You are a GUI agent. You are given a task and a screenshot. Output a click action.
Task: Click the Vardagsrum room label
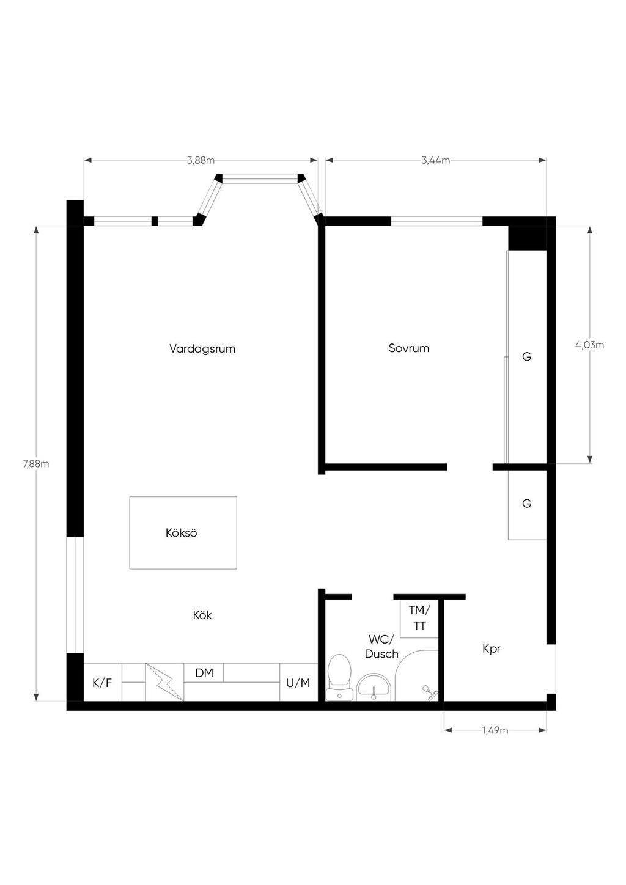[x=202, y=349]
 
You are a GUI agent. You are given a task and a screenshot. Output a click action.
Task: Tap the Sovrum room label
[x=408, y=348]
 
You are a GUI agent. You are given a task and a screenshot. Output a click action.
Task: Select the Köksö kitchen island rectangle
[x=183, y=532]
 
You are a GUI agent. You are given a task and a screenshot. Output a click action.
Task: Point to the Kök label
[x=202, y=615]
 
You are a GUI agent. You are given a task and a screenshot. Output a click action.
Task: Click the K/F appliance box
[x=102, y=682]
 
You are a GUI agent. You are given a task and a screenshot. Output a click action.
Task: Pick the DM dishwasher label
[x=204, y=673]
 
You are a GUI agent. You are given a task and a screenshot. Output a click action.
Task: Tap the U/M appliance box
[x=299, y=682]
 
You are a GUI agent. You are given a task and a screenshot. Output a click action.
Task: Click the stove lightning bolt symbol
[x=165, y=682]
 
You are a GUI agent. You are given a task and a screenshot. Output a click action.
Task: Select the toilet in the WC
[x=339, y=678]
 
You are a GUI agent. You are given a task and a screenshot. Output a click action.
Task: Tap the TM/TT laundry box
[x=419, y=619]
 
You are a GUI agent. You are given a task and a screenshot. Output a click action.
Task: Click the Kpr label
[x=492, y=648]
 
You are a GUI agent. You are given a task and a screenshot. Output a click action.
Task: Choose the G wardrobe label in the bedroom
[x=526, y=357]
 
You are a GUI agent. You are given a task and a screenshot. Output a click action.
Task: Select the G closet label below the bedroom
[x=526, y=504]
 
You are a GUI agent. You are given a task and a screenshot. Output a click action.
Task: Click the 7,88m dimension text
[x=36, y=464]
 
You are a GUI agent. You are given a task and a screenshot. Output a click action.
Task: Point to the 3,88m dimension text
[x=201, y=160]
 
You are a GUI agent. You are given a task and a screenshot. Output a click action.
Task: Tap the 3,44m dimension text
[x=436, y=160]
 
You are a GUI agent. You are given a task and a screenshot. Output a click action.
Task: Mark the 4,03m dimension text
[x=590, y=345]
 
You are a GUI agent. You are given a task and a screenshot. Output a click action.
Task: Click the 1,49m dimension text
[x=495, y=730]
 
